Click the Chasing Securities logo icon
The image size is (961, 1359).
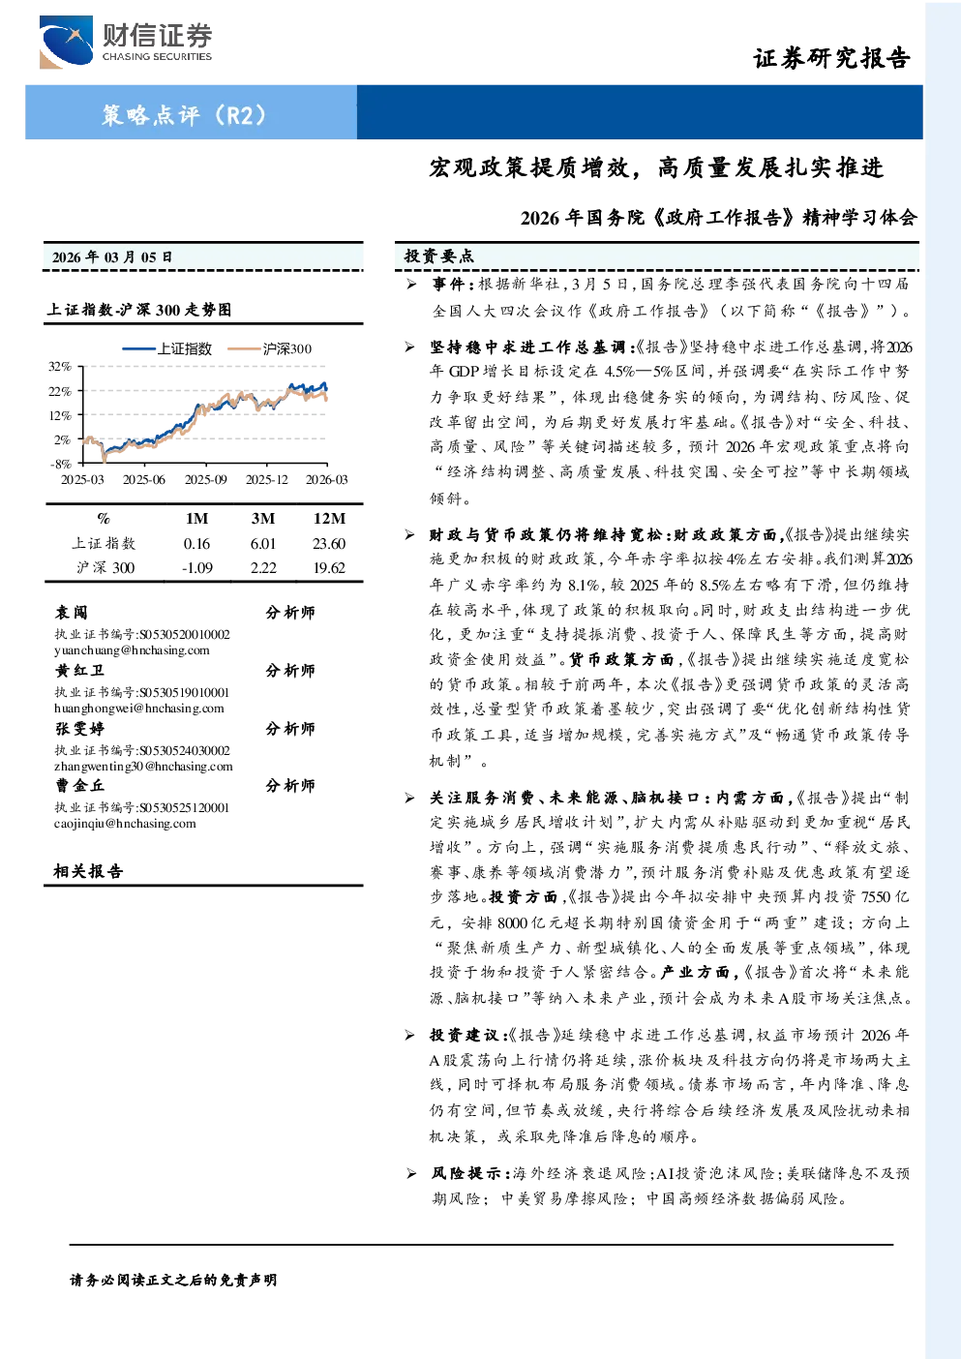click(x=66, y=42)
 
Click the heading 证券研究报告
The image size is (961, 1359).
click(x=831, y=58)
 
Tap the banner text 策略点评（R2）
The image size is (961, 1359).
click(x=184, y=114)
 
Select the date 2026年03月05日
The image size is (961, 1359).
click(x=112, y=257)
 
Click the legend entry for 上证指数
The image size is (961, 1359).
click(x=166, y=348)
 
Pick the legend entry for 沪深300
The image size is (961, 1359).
click(x=269, y=348)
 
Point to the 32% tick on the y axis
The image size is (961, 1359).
click(x=60, y=367)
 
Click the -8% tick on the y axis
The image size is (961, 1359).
click(x=61, y=464)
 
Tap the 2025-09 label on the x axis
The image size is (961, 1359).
click(x=206, y=480)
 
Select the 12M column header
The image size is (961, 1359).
click(x=329, y=519)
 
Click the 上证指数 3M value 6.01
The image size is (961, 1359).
click(x=263, y=544)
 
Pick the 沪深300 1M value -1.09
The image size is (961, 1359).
click(x=197, y=568)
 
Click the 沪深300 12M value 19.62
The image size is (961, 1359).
click(x=329, y=568)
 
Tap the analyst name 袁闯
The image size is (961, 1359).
click(x=72, y=613)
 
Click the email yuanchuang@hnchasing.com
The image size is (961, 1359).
click(x=132, y=650)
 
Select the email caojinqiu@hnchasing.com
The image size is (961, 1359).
click(x=125, y=824)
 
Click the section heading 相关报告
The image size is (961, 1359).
click(x=89, y=871)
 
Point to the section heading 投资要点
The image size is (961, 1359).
click(x=439, y=257)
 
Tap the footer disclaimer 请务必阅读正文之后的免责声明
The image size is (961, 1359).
click(x=173, y=1281)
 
